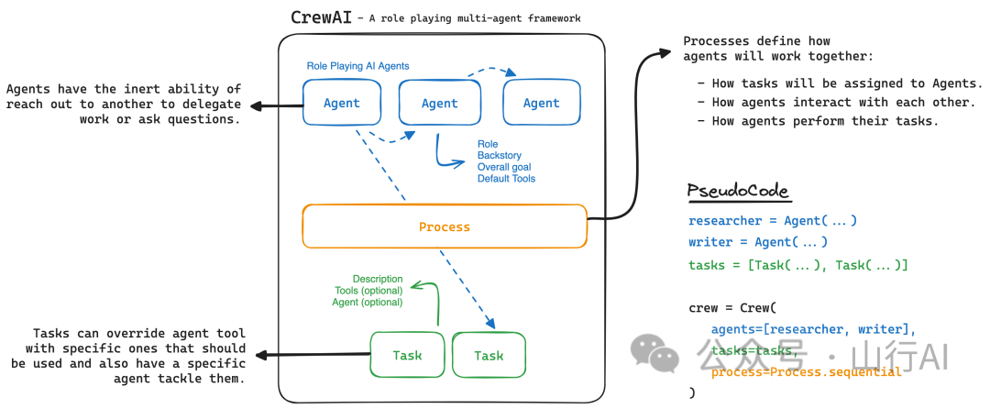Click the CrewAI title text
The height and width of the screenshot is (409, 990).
click(321, 17)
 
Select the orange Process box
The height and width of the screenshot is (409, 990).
click(445, 227)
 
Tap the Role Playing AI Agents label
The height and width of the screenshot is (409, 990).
click(357, 66)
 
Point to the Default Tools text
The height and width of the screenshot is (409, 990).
click(506, 178)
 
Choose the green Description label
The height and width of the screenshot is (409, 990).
click(378, 279)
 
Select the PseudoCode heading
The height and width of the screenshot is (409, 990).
click(738, 192)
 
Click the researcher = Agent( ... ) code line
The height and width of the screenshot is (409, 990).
click(772, 221)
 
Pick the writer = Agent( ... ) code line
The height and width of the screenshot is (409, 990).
click(758, 242)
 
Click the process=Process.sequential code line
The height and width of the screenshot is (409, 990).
click(807, 371)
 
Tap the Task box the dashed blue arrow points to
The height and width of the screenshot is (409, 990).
click(489, 356)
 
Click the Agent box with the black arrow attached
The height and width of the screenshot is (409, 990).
click(342, 104)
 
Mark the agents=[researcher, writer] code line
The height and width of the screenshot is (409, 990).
click(813, 329)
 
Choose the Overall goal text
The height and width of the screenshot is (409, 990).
click(504, 167)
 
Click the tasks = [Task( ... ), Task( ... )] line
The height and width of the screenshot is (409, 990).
click(797, 265)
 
